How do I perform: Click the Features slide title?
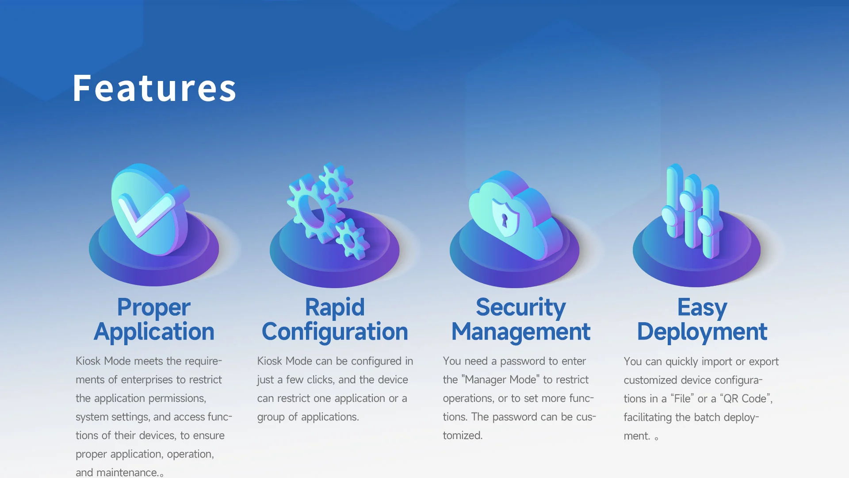154,88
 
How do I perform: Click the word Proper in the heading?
153,308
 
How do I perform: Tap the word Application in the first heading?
154,332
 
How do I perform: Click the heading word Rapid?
335,308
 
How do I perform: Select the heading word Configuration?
335,332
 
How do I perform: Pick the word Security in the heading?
520,308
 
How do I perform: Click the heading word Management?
520,332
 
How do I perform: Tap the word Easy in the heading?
702,308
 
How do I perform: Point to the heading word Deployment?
702,332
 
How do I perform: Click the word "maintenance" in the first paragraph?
127,472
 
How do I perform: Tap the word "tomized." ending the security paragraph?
463,436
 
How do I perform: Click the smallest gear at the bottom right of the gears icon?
351,239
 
